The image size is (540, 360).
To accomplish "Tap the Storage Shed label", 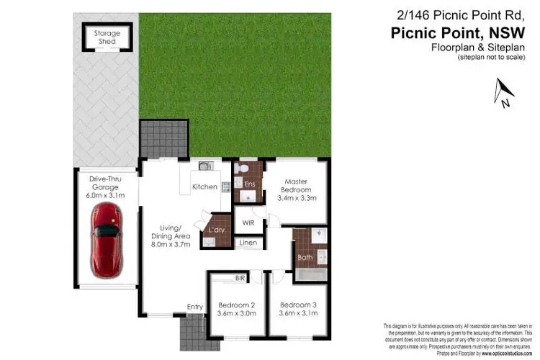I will pyautogui.click(x=107, y=37).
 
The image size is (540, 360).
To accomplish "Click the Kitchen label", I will pyautogui.click(x=204, y=187).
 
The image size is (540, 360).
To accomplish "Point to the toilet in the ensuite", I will pyautogui.click(x=242, y=169).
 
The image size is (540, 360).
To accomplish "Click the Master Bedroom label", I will pyautogui.click(x=297, y=190).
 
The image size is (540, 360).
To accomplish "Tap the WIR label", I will pyautogui.click(x=248, y=222).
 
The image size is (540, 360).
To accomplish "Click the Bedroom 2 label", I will pyautogui.click(x=237, y=308).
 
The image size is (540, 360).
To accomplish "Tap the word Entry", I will pyautogui.click(x=195, y=307).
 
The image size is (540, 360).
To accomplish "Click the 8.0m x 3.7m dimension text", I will pyautogui.click(x=171, y=245).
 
